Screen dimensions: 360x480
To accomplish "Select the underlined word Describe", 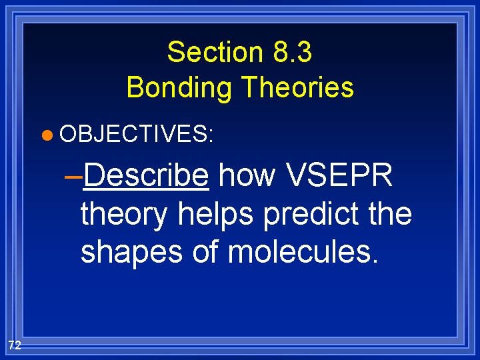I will [147, 176].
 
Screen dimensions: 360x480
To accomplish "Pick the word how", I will [246, 176].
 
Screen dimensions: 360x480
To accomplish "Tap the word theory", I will [125, 215].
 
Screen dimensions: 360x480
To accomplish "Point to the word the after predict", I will [391, 214].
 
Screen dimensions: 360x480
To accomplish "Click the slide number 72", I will [15, 345].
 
